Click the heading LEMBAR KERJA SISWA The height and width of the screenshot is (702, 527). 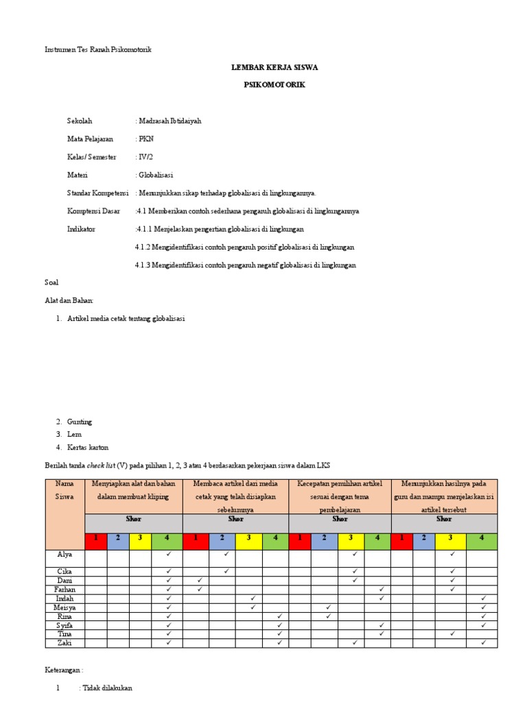[274, 68]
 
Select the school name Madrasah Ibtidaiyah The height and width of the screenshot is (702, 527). [170, 121]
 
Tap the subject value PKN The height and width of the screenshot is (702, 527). [146, 138]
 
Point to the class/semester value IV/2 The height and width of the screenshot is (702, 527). [145, 156]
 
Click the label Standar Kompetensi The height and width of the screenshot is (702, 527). [98, 193]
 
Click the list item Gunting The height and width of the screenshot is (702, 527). [79, 421]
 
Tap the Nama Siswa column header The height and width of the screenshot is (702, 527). [65, 489]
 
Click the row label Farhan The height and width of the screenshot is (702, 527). [65, 589]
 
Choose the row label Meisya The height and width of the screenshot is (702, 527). [65, 607]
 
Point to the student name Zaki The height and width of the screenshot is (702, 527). [65, 642]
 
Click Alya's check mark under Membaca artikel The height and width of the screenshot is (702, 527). [226, 554]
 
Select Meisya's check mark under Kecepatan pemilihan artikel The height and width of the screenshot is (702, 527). [329, 607]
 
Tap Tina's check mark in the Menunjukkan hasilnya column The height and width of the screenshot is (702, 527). [452, 633]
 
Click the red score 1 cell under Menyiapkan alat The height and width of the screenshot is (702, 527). [95, 537]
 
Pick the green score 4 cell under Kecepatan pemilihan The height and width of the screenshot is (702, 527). [377, 537]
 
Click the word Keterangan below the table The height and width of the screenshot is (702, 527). [64, 670]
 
